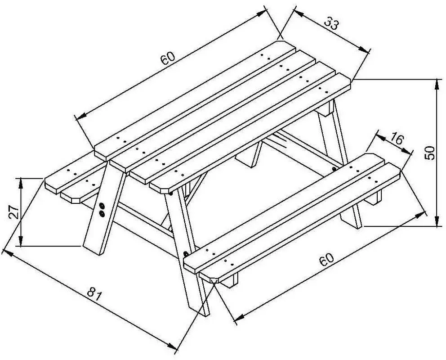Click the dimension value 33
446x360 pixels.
click(331, 23)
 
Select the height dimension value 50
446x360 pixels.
click(429, 153)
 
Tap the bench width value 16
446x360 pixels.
click(396, 139)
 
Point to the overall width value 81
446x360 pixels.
click(94, 294)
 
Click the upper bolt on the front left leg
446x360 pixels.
click(102, 206)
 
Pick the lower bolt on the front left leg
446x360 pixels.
click(102, 213)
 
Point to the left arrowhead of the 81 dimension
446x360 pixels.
click(7, 253)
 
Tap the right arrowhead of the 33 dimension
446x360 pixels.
click(364, 49)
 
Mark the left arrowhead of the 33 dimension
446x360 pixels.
click(299, 13)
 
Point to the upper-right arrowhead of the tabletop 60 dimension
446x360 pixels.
click(261, 13)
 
